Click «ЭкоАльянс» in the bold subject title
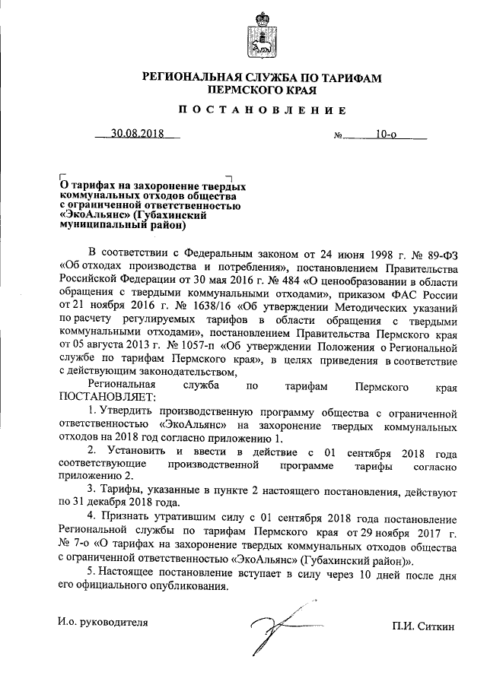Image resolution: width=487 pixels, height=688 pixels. [x=94, y=214]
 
